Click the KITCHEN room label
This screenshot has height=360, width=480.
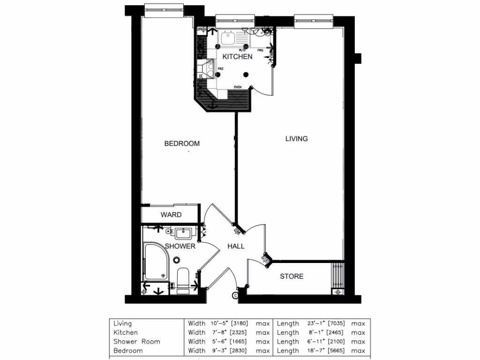[237, 57]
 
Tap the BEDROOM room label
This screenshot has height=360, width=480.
[182, 143]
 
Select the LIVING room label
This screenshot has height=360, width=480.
[297, 139]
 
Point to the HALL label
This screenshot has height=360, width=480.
[236, 246]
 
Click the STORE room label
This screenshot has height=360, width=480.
[292, 277]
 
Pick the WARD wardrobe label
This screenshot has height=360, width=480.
[171, 215]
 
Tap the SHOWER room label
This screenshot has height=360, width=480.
[180, 246]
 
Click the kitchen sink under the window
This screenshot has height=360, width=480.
[228, 38]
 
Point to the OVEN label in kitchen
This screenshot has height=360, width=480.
[238, 87]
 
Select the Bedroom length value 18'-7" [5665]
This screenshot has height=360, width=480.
[320, 351]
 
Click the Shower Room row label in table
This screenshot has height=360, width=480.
[136, 342]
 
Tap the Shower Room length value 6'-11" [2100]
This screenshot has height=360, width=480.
[320, 342]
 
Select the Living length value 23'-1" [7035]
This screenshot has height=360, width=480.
[320, 323]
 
